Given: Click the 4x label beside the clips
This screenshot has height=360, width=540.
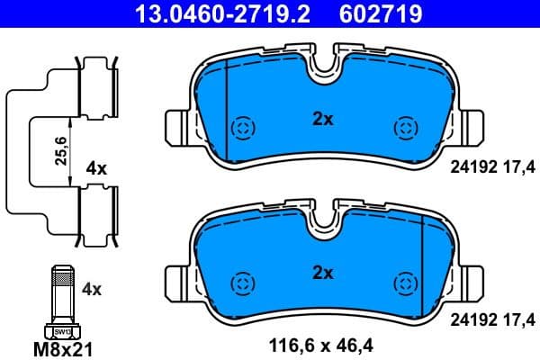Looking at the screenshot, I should tap(96, 168).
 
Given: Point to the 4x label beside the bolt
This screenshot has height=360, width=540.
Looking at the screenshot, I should tap(91, 290).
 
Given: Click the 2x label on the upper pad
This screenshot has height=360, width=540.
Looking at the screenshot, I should tap(322, 118).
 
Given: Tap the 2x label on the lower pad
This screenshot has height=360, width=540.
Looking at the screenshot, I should tap(322, 272).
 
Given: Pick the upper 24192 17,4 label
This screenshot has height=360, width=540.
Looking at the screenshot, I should tap(490, 166).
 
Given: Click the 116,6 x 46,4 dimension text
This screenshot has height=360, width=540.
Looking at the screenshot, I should tap(320, 344).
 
